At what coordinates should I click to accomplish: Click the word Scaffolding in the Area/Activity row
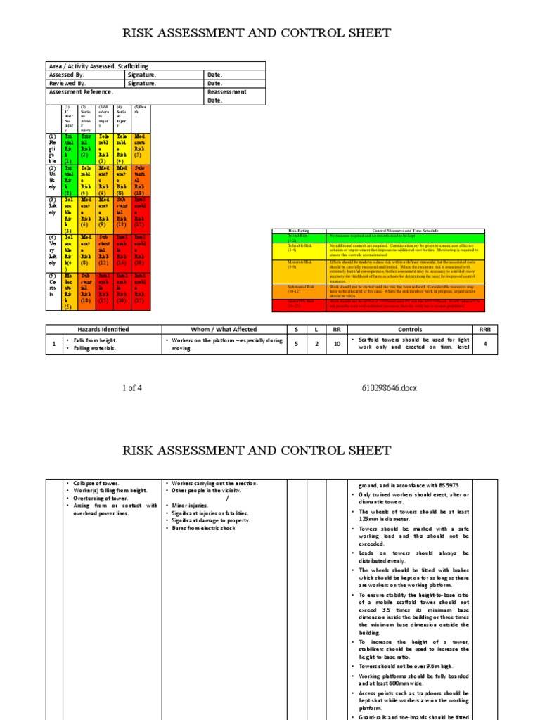(x=133, y=66)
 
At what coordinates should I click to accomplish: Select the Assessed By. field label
(x=67, y=75)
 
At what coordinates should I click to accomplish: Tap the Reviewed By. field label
(x=67, y=83)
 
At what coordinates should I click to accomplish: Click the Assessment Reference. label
(x=81, y=91)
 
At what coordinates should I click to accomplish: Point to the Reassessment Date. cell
(x=226, y=96)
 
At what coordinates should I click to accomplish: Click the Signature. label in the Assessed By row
(x=143, y=75)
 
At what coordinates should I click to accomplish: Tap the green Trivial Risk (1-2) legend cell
(x=299, y=238)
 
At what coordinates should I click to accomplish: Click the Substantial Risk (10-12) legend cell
(x=299, y=290)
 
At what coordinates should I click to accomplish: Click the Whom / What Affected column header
(x=224, y=329)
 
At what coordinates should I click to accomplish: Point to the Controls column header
(x=409, y=329)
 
